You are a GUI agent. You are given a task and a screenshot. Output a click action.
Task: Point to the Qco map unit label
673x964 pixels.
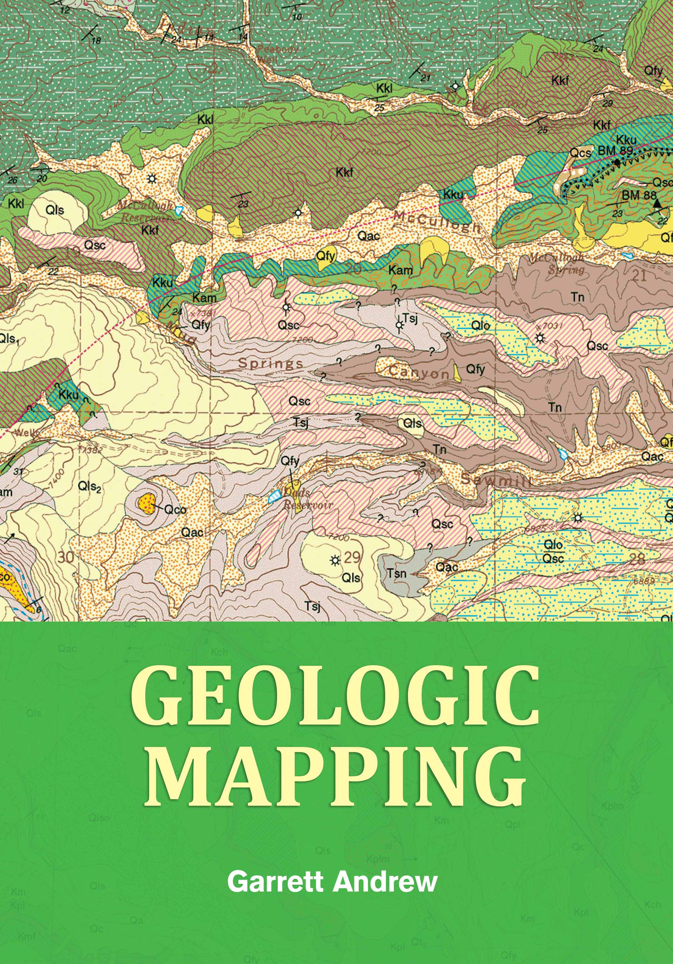[x=175, y=510]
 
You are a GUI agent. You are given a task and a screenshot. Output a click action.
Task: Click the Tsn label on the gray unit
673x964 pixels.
[x=396, y=573]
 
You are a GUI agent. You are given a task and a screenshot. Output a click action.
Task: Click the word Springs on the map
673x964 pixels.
[x=270, y=363]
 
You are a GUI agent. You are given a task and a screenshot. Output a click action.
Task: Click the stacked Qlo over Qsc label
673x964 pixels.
[x=553, y=552]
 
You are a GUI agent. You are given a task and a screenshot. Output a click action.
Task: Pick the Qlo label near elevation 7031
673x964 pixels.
[x=480, y=325]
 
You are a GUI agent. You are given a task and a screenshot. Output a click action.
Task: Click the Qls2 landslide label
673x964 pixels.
[x=90, y=487]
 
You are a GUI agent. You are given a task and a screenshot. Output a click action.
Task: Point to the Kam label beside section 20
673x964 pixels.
[x=400, y=271]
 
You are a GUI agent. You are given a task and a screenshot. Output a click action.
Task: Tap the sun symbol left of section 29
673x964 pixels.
[x=334, y=560]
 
